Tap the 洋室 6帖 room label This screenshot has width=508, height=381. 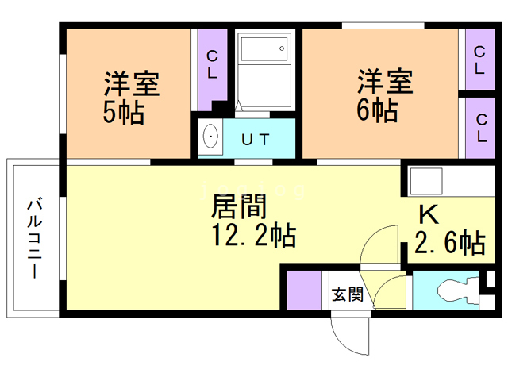(x=384, y=95)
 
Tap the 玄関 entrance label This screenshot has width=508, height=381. (x=348, y=295)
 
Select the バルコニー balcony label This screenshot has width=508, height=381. (x=35, y=237)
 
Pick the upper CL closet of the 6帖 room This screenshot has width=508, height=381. (x=481, y=60)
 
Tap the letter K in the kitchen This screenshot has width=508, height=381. (x=429, y=214)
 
